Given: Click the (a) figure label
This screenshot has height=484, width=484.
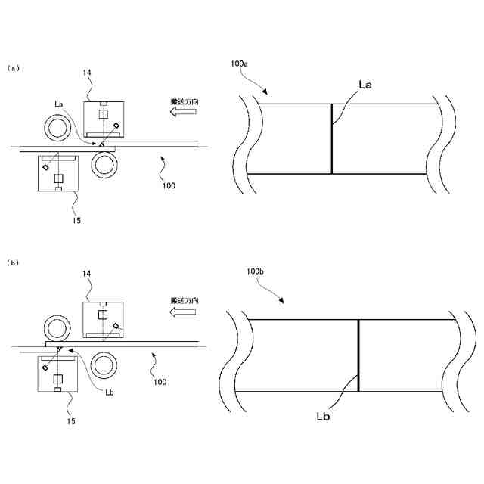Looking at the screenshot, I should [x=12, y=67].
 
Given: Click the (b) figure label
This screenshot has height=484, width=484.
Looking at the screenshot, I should [x=12, y=262].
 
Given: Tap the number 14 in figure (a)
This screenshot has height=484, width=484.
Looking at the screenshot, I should [x=87, y=73].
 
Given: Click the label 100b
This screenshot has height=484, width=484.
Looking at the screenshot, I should [x=256, y=270].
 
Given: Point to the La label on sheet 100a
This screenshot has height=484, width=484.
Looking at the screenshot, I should [x=365, y=85].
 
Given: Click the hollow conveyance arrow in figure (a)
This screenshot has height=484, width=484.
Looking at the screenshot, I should [x=183, y=111].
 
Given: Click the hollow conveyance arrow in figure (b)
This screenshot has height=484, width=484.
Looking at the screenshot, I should [x=183, y=311].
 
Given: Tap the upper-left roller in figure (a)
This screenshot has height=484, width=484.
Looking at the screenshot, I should [x=57, y=128].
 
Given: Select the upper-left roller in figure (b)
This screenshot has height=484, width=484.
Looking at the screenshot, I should [x=57, y=328].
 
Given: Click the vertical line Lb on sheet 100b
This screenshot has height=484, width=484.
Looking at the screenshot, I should [x=358, y=355].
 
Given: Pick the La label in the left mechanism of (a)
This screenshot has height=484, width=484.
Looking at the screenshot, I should [x=59, y=103].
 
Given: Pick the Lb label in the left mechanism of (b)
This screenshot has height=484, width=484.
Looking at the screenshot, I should [x=110, y=392].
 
